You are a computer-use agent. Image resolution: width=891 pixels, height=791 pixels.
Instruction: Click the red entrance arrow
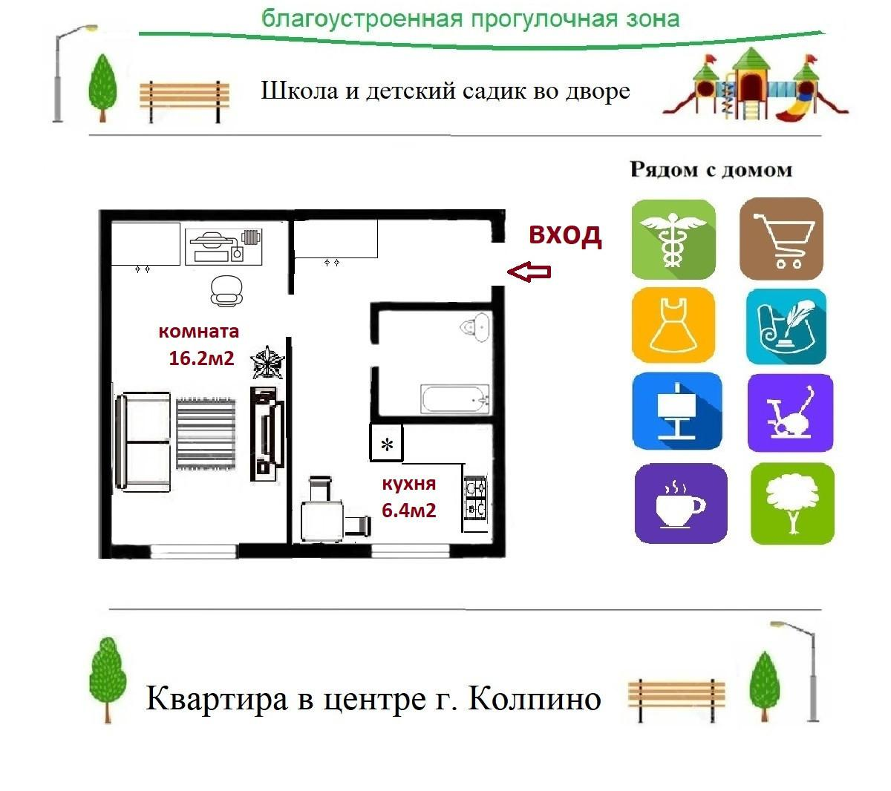tap(529, 272)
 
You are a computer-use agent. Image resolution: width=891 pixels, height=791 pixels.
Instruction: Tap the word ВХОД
tap(564, 234)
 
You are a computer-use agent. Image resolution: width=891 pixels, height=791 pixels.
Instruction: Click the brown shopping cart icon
tap(781, 239)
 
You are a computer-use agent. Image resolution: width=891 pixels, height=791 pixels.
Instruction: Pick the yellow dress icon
tap(673, 326)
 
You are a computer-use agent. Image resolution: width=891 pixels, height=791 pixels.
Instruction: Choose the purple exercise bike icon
tap(790, 413)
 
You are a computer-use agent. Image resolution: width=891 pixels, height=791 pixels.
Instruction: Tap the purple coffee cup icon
tap(680, 504)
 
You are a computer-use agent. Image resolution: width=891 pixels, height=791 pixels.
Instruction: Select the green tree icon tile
tap(792, 504)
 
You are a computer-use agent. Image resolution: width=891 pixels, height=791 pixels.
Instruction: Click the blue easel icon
tap(676, 411)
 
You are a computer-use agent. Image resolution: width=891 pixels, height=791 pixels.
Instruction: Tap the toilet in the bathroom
tap(475, 327)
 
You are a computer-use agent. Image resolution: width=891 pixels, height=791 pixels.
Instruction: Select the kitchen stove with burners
tap(475, 498)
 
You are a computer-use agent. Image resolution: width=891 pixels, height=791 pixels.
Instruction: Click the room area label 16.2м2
tap(201, 358)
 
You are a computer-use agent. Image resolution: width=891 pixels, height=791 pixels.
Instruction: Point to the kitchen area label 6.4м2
tap(408, 511)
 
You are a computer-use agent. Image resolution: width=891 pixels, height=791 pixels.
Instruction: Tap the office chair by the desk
tap(226, 290)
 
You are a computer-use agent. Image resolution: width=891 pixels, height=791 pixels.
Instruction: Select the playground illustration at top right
tap(754, 83)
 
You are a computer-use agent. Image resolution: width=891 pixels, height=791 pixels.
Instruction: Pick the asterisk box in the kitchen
tap(386, 444)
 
